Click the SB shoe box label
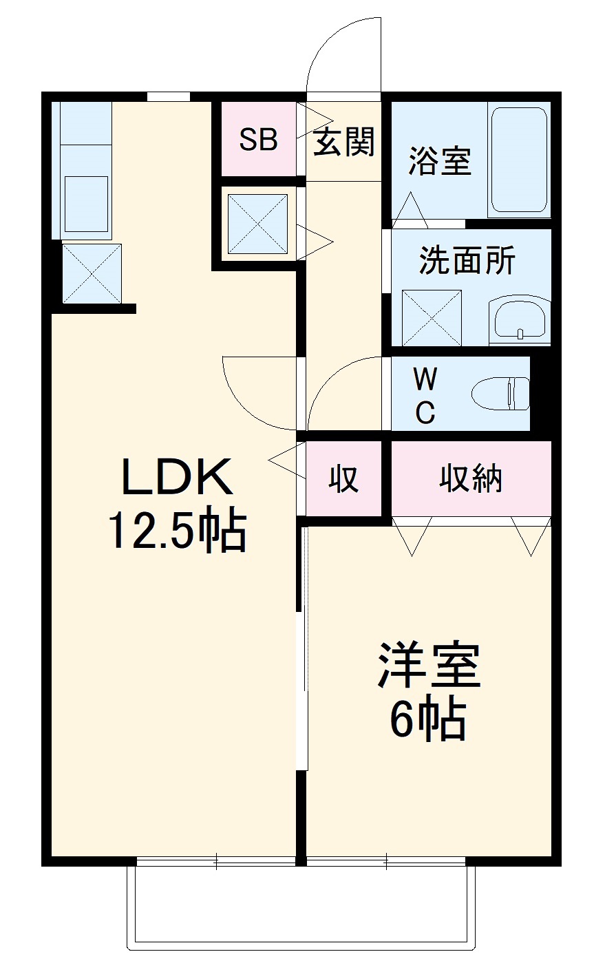[258, 140]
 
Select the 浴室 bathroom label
[439, 160]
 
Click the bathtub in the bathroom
[519, 160]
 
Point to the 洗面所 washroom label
[467, 260]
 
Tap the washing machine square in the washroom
[432, 317]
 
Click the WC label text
[425, 395]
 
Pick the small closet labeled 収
[343, 478]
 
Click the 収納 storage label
[471, 478]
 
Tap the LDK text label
[177, 477]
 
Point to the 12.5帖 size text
[176, 532]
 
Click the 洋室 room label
[428, 666]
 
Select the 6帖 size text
[428, 719]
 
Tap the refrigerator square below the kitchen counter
[92, 273]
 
